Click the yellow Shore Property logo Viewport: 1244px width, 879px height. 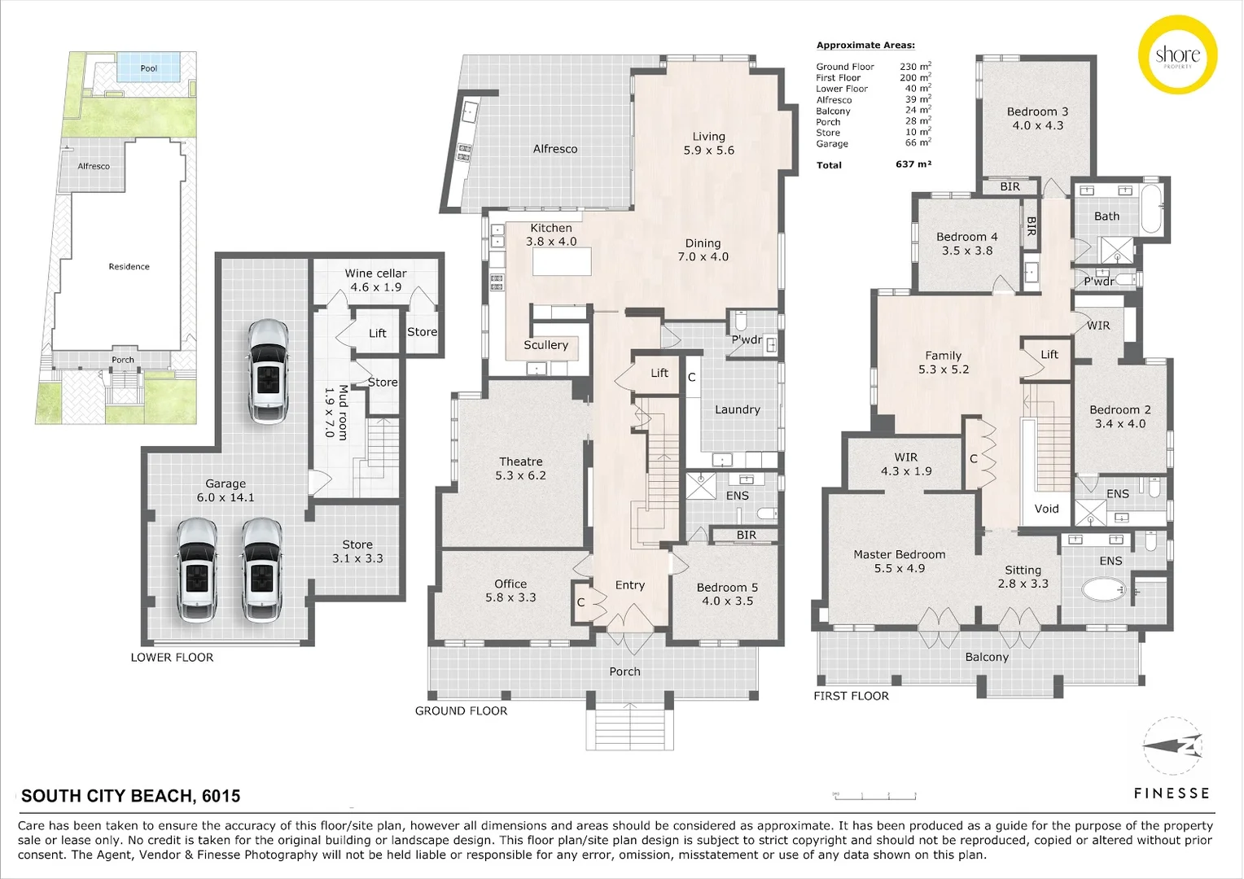1177,55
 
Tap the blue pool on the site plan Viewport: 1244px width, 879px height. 149,68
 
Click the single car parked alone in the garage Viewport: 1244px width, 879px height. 269,372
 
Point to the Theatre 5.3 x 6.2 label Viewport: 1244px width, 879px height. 520,469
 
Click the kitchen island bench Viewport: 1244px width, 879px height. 562,262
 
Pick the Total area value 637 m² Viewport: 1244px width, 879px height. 913,164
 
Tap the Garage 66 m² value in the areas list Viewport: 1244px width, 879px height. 918,142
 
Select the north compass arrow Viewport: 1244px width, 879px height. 1172,746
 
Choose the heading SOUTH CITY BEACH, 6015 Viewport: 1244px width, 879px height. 130,796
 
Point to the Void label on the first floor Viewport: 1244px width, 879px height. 1046,509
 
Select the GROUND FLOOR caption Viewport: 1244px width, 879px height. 461,711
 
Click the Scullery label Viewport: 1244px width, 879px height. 546,345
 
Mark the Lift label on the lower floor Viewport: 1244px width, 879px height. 378,333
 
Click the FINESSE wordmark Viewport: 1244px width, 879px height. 1172,794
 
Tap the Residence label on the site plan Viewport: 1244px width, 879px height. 129,266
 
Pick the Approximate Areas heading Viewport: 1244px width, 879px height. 865,46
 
